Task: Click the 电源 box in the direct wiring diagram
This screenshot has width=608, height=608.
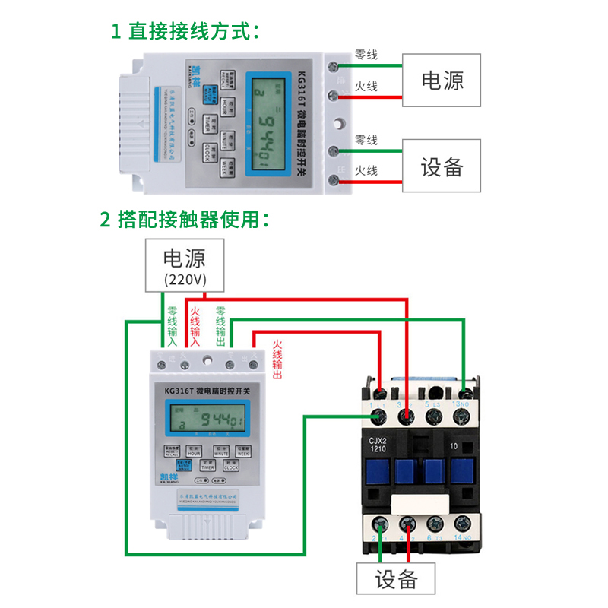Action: click(442, 81)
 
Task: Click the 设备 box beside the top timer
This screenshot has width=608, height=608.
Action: click(442, 166)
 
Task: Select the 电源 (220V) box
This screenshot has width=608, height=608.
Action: click(185, 265)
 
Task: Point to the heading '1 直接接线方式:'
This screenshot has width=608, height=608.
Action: click(185, 31)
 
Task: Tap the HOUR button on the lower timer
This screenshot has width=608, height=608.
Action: click(194, 451)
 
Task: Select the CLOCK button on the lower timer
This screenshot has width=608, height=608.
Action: click(231, 467)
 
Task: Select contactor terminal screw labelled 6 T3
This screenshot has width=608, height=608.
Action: click(434, 524)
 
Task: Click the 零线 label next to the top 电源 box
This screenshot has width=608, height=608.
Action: click(366, 55)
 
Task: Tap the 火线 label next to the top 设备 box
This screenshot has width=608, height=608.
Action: click(366, 171)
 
